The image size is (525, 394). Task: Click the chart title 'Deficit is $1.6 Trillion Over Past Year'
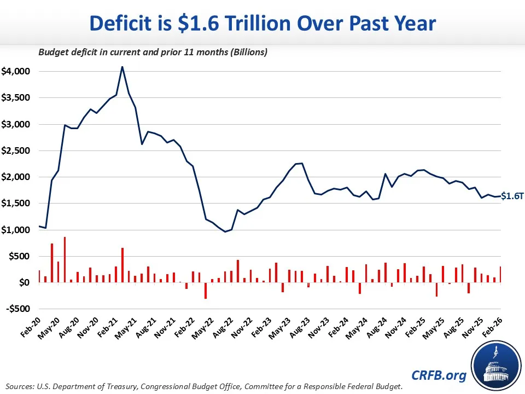262,24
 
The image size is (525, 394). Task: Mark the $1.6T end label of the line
512,196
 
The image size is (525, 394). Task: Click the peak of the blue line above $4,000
122,67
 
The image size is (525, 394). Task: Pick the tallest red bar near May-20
65,259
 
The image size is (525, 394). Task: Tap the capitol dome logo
494,363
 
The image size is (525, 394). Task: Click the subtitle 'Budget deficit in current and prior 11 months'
152,53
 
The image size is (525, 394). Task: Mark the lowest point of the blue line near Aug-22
225,231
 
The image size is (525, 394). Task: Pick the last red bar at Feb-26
500,274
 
